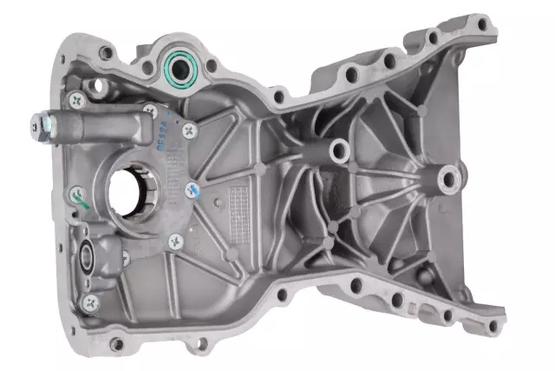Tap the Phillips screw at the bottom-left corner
91,301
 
